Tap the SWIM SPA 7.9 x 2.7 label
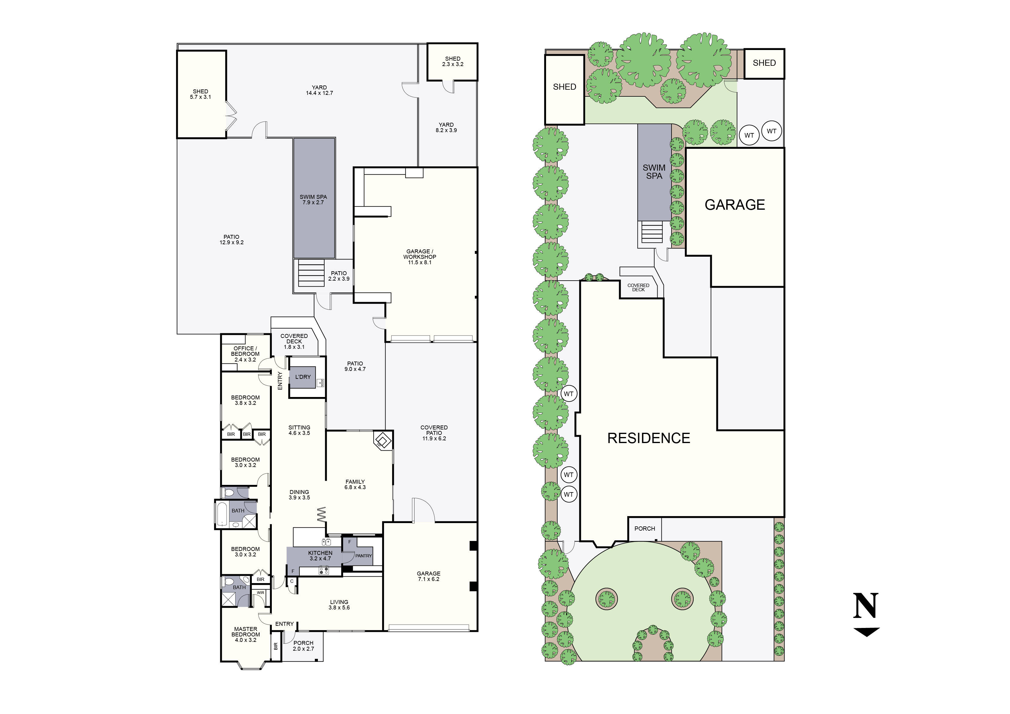[313, 200]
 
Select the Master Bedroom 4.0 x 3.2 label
[245, 634]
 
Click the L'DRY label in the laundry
[303, 377]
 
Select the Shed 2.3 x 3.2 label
[453, 61]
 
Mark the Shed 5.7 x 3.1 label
[200, 94]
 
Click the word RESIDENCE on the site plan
[648, 438]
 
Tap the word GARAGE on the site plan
[735, 205]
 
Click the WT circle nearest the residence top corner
[568, 394]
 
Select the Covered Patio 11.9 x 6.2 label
[434, 433]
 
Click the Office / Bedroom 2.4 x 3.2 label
[245, 354]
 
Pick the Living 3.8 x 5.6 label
[339, 605]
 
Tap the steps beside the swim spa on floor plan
[311, 273]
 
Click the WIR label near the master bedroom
[260, 592]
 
